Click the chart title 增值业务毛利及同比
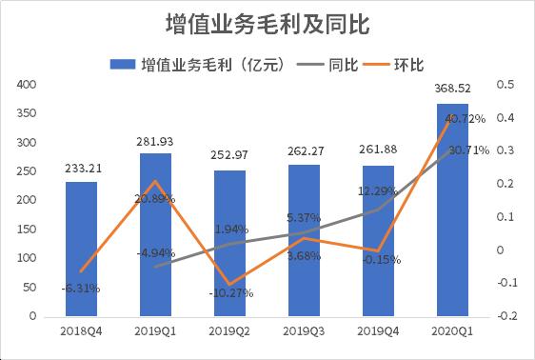[267, 21]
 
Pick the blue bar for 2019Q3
[304, 248]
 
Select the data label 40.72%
[466, 119]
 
